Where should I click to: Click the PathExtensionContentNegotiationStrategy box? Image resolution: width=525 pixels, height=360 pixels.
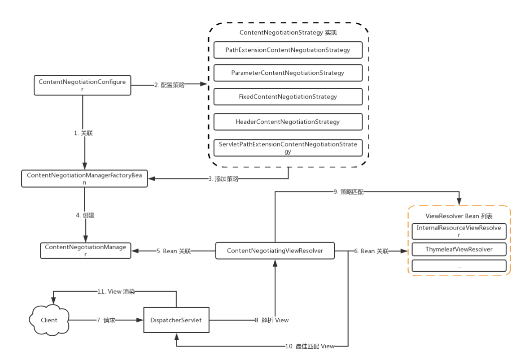click(x=288, y=50)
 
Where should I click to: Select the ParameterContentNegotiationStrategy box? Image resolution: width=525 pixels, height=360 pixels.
click(x=288, y=73)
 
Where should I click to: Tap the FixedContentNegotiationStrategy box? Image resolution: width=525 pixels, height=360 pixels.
click(x=288, y=96)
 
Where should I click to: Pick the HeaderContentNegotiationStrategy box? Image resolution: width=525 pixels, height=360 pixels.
click(x=288, y=121)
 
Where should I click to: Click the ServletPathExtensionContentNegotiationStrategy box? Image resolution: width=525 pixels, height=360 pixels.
click(x=288, y=147)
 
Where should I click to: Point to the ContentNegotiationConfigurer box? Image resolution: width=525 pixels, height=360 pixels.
click(x=83, y=85)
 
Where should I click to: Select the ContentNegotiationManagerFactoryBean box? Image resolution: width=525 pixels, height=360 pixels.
click(x=84, y=178)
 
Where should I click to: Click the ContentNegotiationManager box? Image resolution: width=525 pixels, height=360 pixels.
click(x=86, y=251)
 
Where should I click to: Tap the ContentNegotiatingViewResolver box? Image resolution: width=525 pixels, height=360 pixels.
click(x=275, y=251)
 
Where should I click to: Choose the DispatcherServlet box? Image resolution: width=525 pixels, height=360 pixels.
click(x=176, y=320)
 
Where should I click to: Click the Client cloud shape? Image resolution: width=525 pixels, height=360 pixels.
click(x=49, y=320)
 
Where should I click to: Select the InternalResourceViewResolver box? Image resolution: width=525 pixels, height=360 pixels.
click(x=459, y=231)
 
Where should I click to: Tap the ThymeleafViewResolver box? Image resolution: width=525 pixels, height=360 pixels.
click(x=459, y=249)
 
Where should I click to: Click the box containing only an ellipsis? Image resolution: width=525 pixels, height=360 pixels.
click(x=459, y=266)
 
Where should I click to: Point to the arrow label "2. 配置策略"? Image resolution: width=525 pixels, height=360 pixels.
click(x=169, y=85)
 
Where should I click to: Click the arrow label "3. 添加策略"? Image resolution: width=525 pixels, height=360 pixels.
click(x=223, y=179)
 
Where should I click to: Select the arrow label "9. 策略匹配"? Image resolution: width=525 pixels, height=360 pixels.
click(x=349, y=192)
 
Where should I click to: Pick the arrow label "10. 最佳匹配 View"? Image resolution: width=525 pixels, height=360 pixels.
click(x=310, y=346)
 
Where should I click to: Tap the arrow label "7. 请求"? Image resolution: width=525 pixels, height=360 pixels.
click(x=106, y=320)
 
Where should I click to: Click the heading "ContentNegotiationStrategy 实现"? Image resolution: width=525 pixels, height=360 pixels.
click(x=288, y=33)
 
